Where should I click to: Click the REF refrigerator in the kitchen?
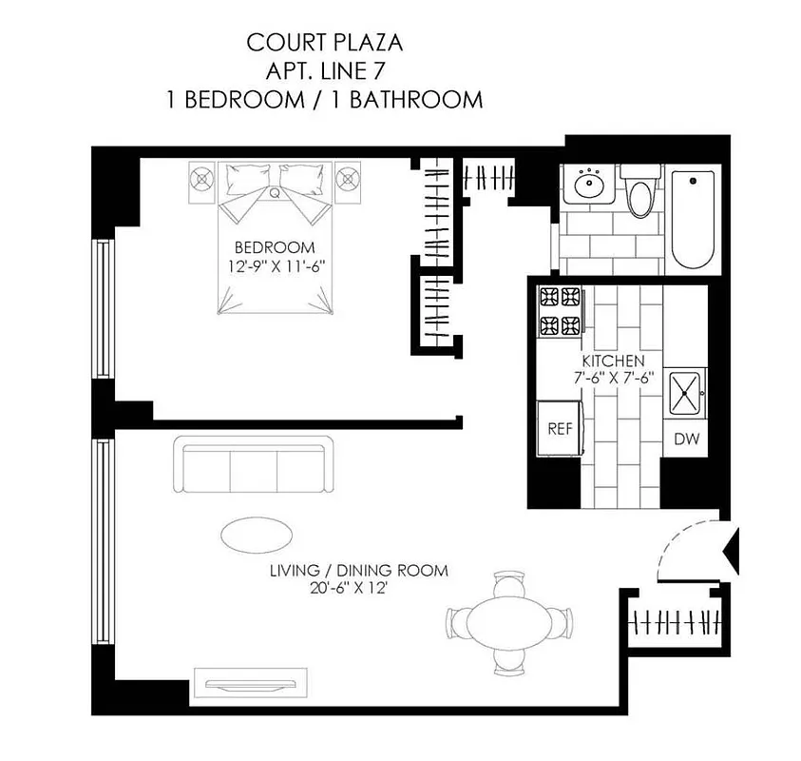560,428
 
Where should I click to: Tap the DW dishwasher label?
686,439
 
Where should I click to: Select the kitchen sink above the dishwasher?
685,392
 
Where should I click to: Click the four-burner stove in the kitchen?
560,311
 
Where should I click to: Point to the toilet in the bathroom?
641,191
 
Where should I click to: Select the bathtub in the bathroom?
693,220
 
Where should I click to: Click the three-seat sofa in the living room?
253,465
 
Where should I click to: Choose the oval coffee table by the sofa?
257,534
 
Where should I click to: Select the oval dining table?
508,623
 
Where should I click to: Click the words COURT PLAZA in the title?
323,43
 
